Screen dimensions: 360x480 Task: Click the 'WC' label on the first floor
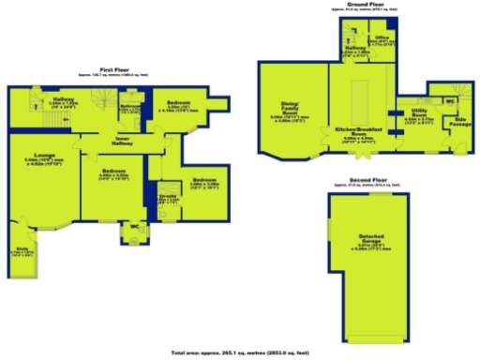pos(135,226)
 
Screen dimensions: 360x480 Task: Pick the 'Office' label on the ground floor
pos(383,38)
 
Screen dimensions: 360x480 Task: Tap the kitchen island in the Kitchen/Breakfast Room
pos(359,99)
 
